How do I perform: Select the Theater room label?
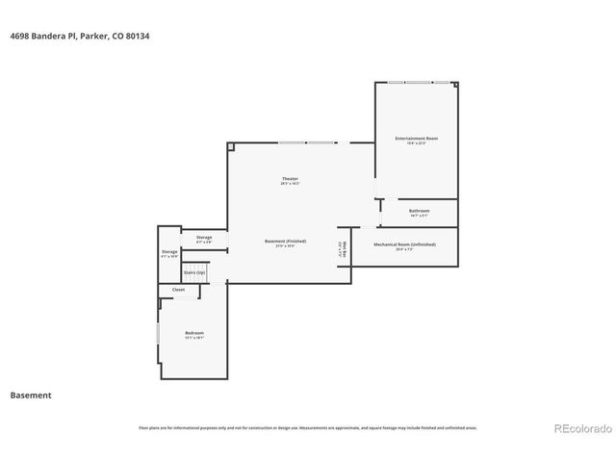pos(290,178)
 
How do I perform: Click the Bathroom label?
pos(419,210)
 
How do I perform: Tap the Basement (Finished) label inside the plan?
pos(285,241)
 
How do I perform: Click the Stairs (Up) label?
pos(194,272)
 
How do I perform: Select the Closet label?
pos(179,289)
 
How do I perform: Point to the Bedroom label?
pos(194,333)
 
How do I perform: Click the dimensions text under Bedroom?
pos(194,339)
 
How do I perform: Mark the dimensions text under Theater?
pos(290,184)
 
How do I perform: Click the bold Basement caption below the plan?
pos(31,395)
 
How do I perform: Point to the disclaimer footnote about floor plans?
pos(308,427)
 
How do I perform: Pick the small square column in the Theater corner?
pos(231,146)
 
